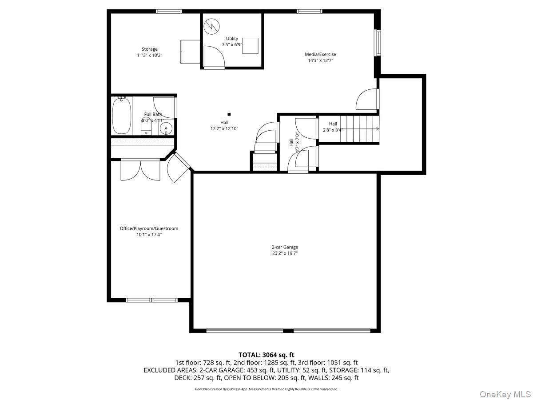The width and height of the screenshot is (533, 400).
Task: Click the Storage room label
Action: point(149,49)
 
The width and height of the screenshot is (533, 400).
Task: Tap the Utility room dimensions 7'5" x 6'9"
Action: point(232,44)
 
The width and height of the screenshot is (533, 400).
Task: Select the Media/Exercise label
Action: point(320,54)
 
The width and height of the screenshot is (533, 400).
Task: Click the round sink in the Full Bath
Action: point(166,128)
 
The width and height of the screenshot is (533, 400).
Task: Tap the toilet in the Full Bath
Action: point(146,129)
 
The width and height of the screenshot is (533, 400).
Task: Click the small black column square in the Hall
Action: point(229,114)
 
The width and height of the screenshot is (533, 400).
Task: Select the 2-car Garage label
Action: point(285,247)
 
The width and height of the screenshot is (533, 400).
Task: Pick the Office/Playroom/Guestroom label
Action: point(149,228)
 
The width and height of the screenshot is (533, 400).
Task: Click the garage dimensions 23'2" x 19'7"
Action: point(285,253)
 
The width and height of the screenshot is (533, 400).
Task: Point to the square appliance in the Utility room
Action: point(251,46)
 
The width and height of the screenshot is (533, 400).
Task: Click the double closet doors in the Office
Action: point(141,170)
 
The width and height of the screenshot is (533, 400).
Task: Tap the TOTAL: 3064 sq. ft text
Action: point(266,355)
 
